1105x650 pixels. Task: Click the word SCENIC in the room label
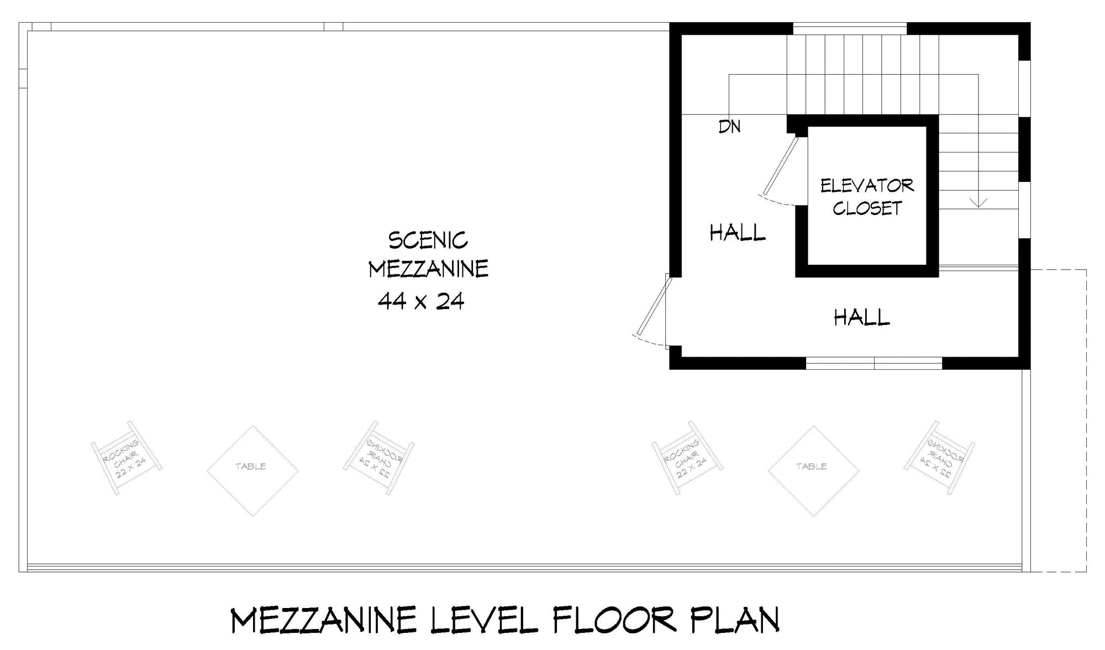pos(428,240)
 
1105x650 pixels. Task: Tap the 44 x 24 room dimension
pos(421,301)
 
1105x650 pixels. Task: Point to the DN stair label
pos(729,127)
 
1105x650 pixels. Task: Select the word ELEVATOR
pos(867,185)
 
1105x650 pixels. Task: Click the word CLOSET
pos(867,208)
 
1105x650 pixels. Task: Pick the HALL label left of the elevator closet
pos(738,233)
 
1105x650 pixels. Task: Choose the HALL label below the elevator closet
pos(861,317)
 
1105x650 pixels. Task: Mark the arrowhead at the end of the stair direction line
pos(978,203)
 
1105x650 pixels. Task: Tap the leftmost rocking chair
pos(127,458)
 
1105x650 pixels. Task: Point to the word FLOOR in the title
pos(614,620)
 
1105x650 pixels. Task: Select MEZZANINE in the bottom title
pos(323,620)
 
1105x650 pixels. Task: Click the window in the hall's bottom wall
pos(874,363)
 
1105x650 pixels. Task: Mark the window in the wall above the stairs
pos(850,28)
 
